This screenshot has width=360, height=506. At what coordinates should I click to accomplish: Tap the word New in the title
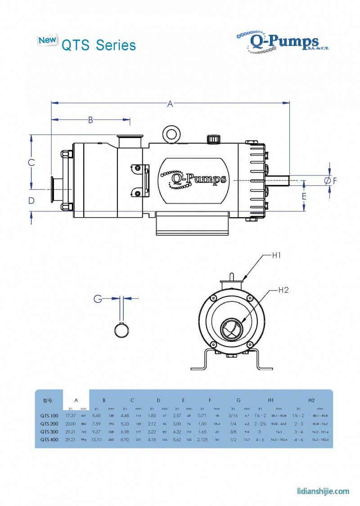tap(47, 40)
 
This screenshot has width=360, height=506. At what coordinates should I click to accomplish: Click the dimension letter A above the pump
tap(170, 104)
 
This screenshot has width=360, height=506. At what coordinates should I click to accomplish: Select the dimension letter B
tap(90, 120)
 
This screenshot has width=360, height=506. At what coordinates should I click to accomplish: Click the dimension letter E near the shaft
tap(304, 197)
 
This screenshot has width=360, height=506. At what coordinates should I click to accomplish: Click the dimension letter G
tap(97, 298)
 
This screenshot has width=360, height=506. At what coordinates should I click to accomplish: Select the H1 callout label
tap(276, 256)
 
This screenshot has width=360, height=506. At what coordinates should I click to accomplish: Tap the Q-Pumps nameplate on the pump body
tap(193, 179)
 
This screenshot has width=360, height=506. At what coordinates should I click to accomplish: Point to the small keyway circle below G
tap(121, 330)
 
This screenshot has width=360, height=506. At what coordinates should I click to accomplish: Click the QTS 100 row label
tap(49, 415)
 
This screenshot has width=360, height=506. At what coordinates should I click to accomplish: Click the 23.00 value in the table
tap(70, 423)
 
